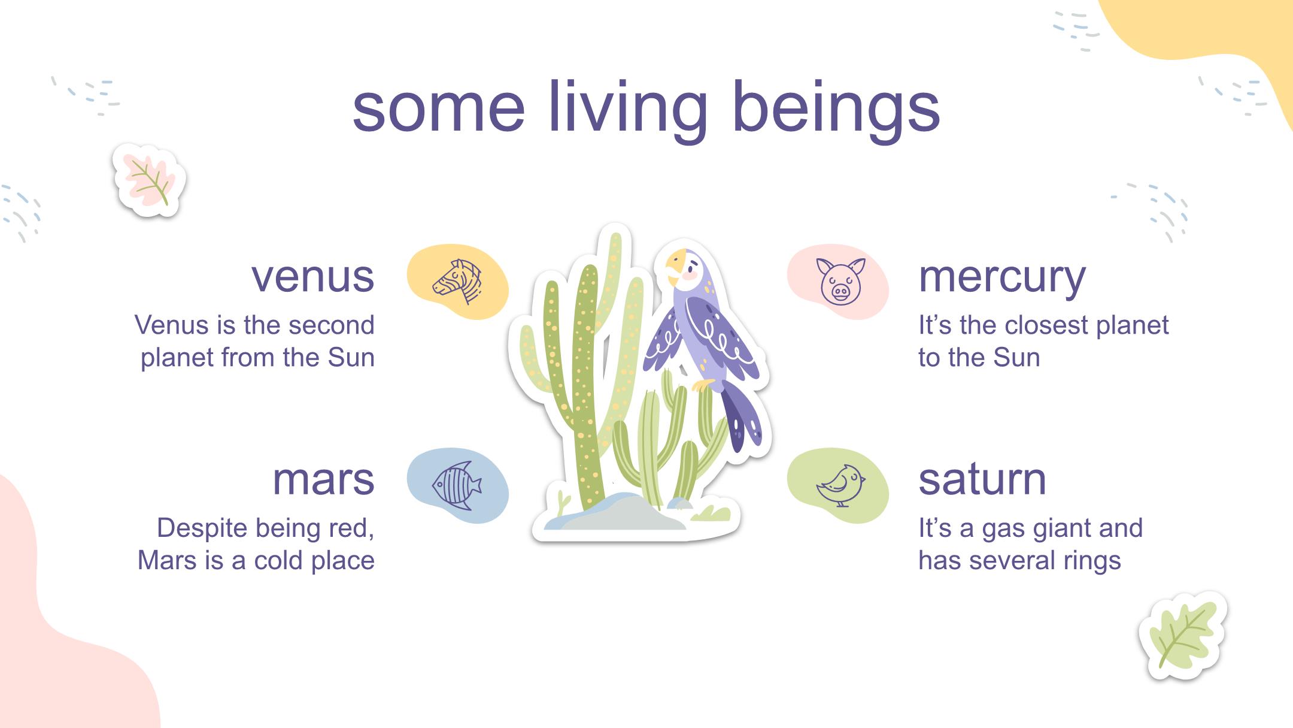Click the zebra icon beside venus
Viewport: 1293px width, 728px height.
458,281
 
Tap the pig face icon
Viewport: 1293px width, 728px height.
840,280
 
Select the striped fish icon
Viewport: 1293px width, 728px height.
457,486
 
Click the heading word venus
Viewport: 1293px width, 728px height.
313,277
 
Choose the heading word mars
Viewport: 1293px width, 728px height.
324,479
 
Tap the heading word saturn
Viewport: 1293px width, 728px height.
982,479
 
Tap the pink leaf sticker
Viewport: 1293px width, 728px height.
149,180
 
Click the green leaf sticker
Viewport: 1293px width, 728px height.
1182,636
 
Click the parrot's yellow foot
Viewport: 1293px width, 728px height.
704,385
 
